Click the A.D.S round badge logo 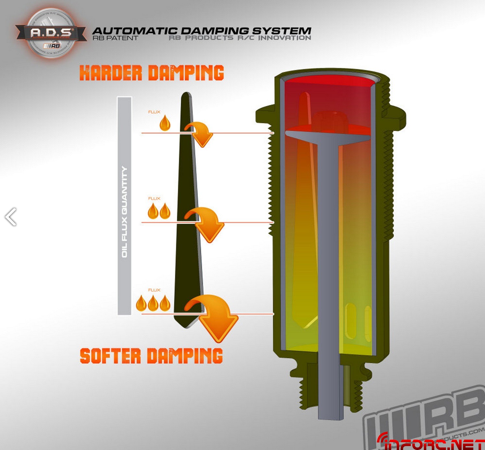coord(51,33)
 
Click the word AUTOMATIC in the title coord(135,31)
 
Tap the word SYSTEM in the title coord(282,31)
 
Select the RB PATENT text coord(115,38)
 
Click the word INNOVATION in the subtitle coord(285,38)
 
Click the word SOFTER coord(110,356)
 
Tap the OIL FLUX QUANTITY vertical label coord(124,212)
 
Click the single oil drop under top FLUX coord(165,123)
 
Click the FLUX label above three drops coord(154,290)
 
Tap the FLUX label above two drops coord(154,198)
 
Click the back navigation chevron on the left coord(11,217)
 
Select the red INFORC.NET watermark coord(432,443)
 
